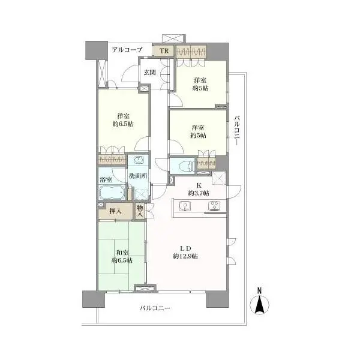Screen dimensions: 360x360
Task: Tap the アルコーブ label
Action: [x=127, y=50]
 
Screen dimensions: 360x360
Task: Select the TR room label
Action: [x=164, y=50]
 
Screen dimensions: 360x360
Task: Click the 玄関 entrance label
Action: [x=149, y=73]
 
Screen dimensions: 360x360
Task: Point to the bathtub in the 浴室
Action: [x=112, y=192]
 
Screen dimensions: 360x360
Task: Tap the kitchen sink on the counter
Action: [x=184, y=206]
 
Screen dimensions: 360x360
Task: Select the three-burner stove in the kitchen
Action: [x=214, y=206]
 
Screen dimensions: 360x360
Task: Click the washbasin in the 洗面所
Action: [x=138, y=160]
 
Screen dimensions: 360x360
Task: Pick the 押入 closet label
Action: [x=115, y=211]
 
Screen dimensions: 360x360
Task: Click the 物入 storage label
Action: [x=140, y=211]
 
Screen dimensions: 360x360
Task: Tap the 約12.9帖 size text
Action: [x=185, y=256]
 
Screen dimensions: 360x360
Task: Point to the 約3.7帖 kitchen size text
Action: [x=199, y=193]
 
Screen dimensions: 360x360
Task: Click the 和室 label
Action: [x=122, y=253]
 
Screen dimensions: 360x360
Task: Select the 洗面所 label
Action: [x=138, y=176]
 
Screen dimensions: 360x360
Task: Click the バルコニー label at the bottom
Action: [x=155, y=308]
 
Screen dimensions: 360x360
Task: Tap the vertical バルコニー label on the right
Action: [x=237, y=131]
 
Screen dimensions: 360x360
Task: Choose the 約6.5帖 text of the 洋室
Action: [x=123, y=124]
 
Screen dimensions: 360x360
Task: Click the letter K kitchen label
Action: [x=199, y=185]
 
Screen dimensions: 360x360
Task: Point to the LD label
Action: [x=185, y=248]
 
